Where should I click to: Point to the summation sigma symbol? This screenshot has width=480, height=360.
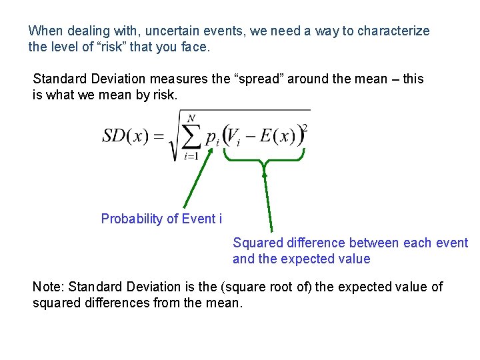tap(191, 137)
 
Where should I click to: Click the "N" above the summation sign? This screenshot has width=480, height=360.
tap(192, 119)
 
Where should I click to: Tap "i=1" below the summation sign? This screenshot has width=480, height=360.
tap(191, 157)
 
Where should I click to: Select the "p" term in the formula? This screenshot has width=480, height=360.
tap(210, 138)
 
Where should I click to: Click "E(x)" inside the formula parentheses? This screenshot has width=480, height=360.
tap(277, 136)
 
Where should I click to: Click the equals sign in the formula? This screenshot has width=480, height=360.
tap(159, 137)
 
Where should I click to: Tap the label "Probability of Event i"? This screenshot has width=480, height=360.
tap(161, 219)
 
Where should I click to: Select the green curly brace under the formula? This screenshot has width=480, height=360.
tap(265, 157)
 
